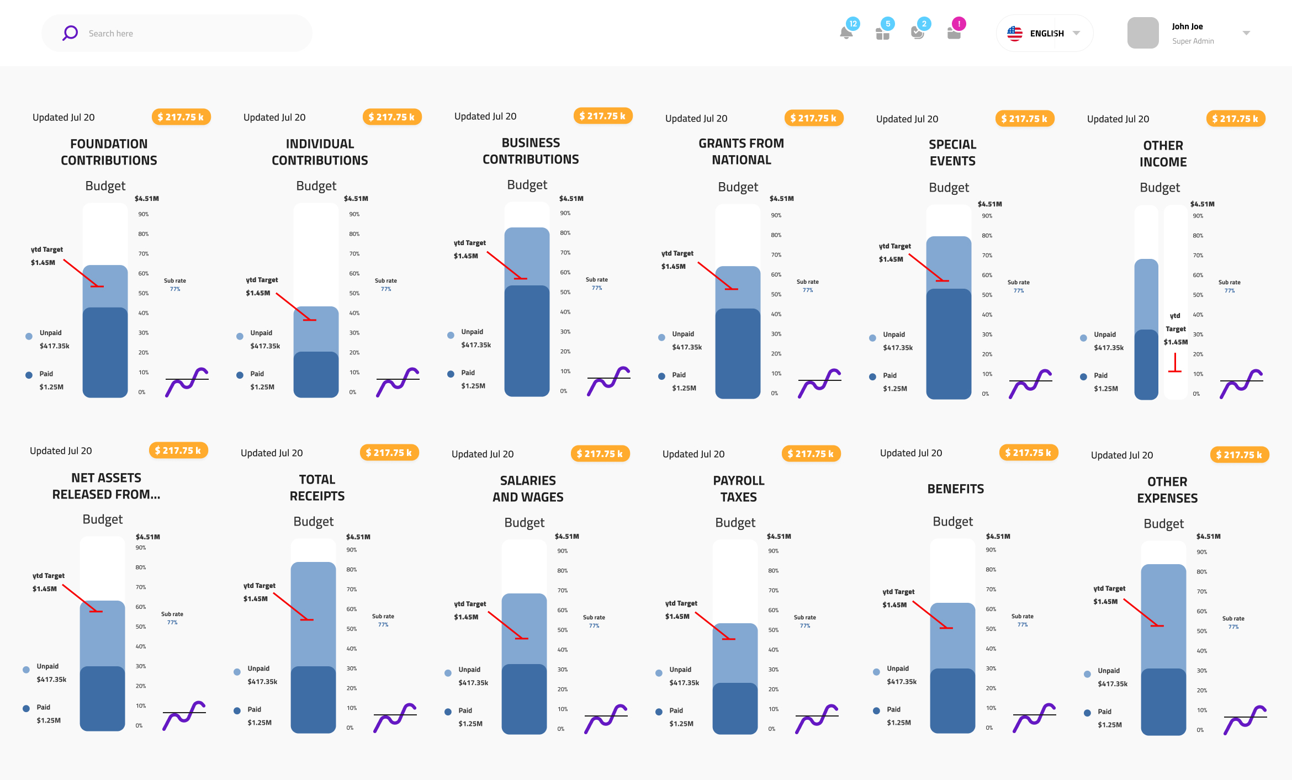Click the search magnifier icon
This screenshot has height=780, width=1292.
pyautogui.click(x=70, y=33)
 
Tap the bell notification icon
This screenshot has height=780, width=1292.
pyautogui.click(x=846, y=33)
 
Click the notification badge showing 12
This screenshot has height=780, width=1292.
pyautogui.click(x=853, y=24)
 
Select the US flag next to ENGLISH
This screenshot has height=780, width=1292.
pyautogui.click(x=1015, y=34)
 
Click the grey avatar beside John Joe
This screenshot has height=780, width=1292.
pyautogui.click(x=1143, y=33)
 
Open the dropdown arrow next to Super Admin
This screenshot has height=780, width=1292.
pyautogui.click(x=1246, y=33)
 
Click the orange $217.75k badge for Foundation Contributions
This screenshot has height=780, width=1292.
pyautogui.click(x=181, y=117)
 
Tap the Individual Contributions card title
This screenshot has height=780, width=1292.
pyautogui.click(x=320, y=152)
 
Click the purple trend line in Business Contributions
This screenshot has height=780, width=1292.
pyautogui.click(x=608, y=380)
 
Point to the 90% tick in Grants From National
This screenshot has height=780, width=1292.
pyautogui.click(x=776, y=215)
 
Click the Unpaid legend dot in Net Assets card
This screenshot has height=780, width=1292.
pyautogui.click(x=26, y=670)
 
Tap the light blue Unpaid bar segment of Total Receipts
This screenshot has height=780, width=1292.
pyautogui.click(x=313, y=613)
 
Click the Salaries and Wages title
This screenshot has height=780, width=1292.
pyautogui.click(x=528, y=489)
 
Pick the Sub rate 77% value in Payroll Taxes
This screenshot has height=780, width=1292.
pyautogui.click(x=805, y=625)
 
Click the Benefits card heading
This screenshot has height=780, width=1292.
pyautogui.click(x=956, y=489)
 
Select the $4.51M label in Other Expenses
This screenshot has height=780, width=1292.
pyautogui.click(x=1208, y=536)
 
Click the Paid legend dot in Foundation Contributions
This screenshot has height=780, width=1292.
pyautogui.click(x=29, y=375)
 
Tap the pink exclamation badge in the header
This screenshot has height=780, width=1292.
pyautogui.click(x=959, y=24)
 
